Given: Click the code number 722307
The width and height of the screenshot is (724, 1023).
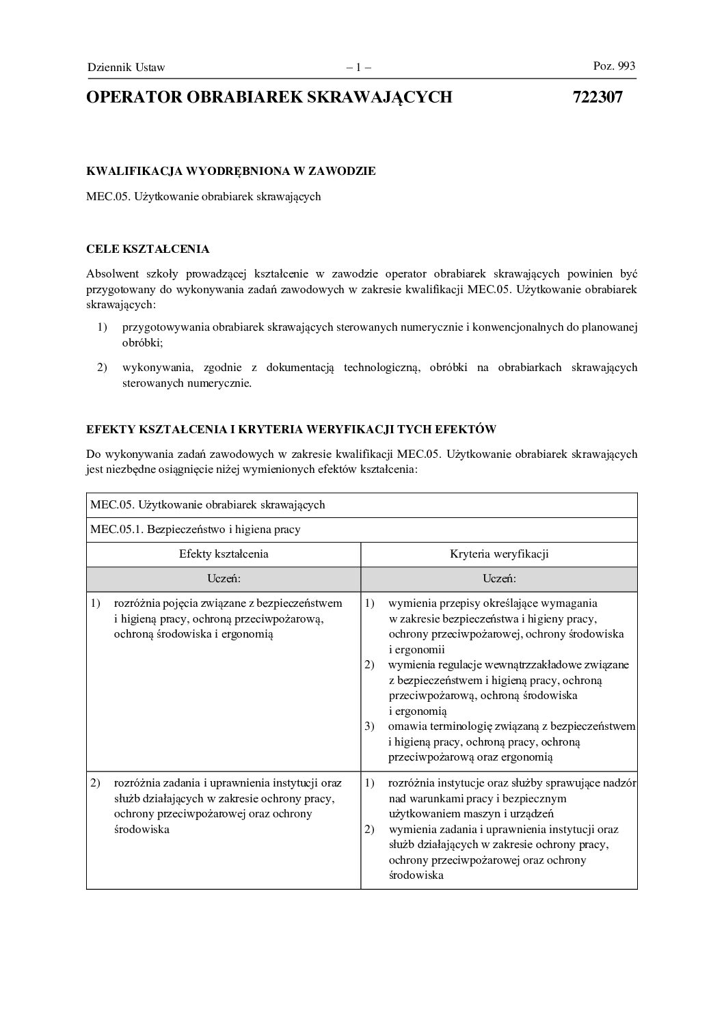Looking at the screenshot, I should [597, 97].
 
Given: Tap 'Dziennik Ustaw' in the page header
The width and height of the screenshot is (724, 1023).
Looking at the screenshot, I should [126, 67].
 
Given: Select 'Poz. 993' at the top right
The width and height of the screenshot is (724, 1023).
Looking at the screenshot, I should [614, 66].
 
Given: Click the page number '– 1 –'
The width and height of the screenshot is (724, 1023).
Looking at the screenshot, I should [358, 67].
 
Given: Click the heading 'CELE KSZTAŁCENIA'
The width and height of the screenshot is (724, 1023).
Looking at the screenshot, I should [148, 249].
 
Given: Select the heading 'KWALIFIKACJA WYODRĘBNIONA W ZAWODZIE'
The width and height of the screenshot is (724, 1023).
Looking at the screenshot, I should [230, 171].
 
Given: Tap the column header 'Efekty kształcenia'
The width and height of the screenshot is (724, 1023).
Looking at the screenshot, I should [224, 554].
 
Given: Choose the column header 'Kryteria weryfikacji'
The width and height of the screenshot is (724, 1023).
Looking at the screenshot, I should [499, 554].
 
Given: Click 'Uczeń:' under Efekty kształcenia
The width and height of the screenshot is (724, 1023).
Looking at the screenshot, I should [224, 579].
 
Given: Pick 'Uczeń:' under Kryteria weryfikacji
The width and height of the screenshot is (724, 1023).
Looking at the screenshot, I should [499, 579].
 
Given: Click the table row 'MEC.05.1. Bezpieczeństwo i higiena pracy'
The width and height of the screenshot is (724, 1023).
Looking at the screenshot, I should [196, 529].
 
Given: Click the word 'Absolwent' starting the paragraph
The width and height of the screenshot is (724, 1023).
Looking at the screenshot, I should [112, 274].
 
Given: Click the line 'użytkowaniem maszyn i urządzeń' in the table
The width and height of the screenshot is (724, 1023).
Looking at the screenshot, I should [471, 813].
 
